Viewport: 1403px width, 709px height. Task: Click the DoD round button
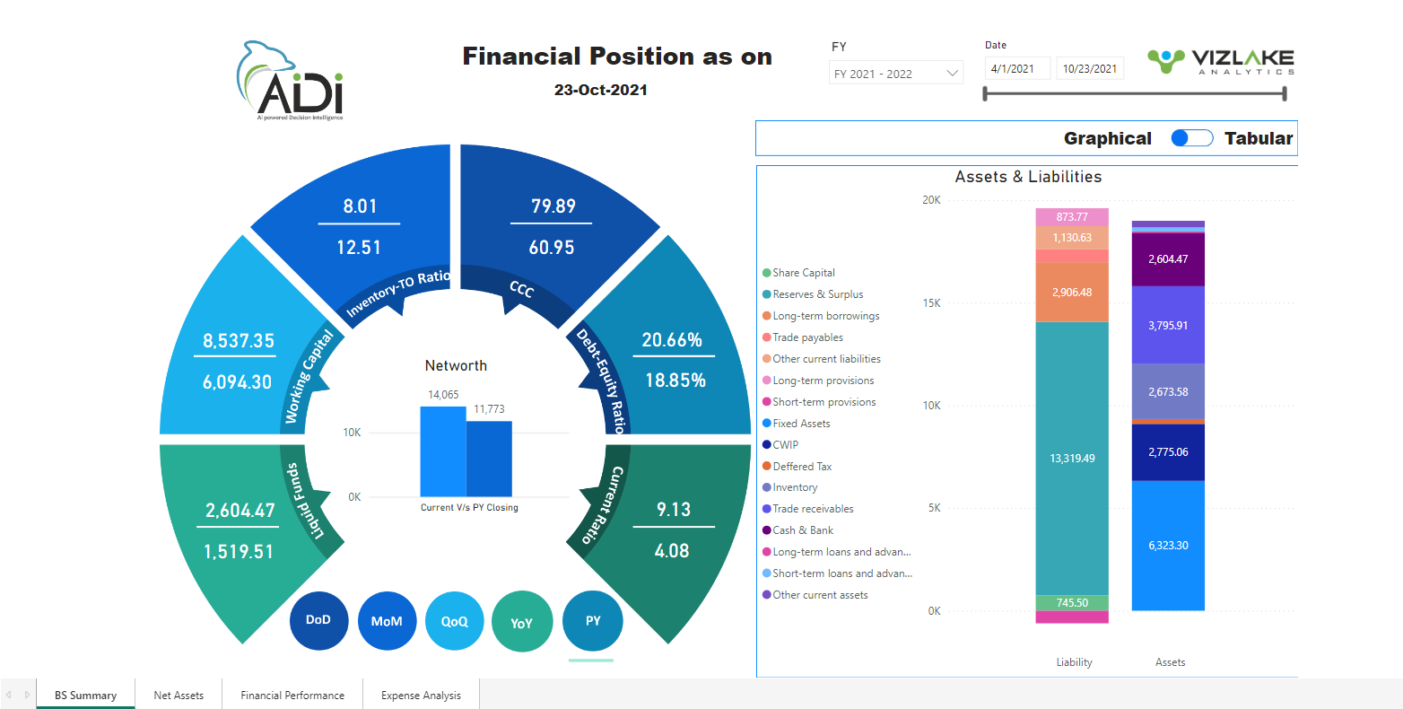(x=318, y=620)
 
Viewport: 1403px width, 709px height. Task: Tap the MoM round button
(x=387, y=621)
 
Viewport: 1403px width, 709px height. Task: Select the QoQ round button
(x=455, y=621)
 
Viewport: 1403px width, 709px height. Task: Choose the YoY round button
(x=521, y=622)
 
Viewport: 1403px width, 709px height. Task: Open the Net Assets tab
(x=179, y=695)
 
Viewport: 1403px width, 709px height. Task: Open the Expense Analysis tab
(x=421, y=695)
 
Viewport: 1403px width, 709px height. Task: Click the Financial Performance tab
(x=292, y=695)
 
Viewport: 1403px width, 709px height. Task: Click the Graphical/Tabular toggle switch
(x=1192, y=138)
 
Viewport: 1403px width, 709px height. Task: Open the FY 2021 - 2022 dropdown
(x=895, y=74)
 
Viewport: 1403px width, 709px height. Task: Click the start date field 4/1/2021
(x=1016, y=69)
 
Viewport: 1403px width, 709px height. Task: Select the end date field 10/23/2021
(x=1090, y=69)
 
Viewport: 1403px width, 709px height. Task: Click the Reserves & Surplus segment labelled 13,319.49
(x=1072, y=458)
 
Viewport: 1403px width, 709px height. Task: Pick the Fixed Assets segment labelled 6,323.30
(x=1168, y=545)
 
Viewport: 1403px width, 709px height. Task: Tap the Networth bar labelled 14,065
(x=443, y=451)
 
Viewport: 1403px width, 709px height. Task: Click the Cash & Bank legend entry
(x=803, y=530)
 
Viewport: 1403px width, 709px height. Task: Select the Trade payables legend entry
(x=807, y=337)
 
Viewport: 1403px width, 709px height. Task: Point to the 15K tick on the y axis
(x=931, y=303)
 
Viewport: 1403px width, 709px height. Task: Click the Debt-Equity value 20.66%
(x=672, y=340)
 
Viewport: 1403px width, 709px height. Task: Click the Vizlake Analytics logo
(x=1220, y=62)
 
